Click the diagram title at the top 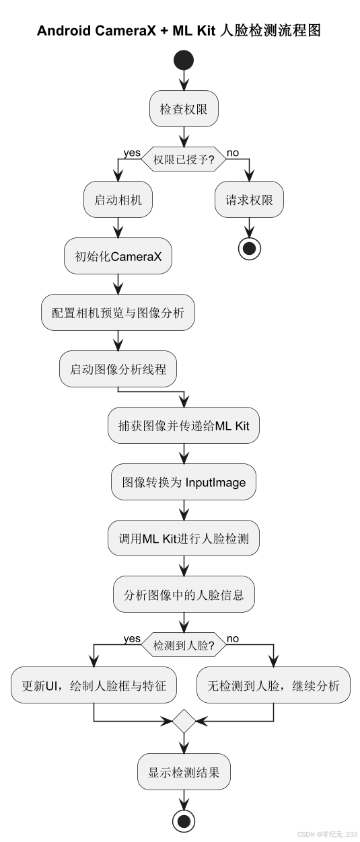[x=179, y=30]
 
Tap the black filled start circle [x=184, y=61]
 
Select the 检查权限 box [x=184, y=108]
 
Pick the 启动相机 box [x=118, y=200]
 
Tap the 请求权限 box [x=249, y=200]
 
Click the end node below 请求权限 [x=249, y=248]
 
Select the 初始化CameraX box [x=118, y=256]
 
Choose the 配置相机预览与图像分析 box [x=118, y=313]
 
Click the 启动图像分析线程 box [x=118, y=369]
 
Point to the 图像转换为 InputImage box [x=184, y=482]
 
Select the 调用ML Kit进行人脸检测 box [x=184, y=538]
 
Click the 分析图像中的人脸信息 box [x=184, y=595]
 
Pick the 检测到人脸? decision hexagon [x=184, y=645]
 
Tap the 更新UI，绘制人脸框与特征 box [x=94, y=685]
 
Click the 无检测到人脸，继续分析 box [x=273, y=685]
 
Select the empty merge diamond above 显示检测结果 [x=184, y=721]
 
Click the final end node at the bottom [x=184, y=820]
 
